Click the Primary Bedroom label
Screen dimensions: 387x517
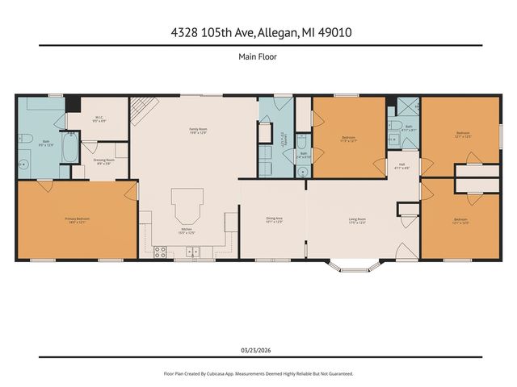(78, 219)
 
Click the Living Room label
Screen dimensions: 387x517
(357, 219)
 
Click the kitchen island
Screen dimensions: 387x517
(187, 206)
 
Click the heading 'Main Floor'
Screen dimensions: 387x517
(258, 56)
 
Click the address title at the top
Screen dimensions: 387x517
(258, 32)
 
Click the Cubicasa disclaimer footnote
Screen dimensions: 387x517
(258, 374)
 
